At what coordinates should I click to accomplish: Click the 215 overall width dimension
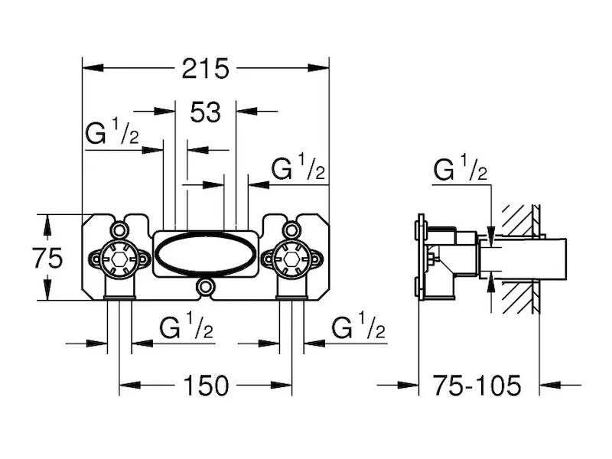[x=206, y=69]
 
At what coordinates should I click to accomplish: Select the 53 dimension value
[x=205, y=112]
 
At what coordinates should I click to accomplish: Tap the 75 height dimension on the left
[x=47, y=259]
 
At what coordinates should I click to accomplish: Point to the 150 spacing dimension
[x=206, y=386]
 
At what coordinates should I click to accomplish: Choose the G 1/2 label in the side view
[x=460, y=170]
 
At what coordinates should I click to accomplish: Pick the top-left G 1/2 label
[x=112, y=135]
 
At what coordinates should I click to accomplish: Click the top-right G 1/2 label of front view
[x=299, y=168]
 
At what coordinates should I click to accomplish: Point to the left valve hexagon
[x=119, y=259]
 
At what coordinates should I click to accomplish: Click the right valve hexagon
[x=291, y=259]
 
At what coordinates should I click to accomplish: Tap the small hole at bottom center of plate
[x=205, y=288]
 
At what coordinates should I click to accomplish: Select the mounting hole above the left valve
[x=119, y=229]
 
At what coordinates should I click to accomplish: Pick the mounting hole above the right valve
[x=291, y=229]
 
